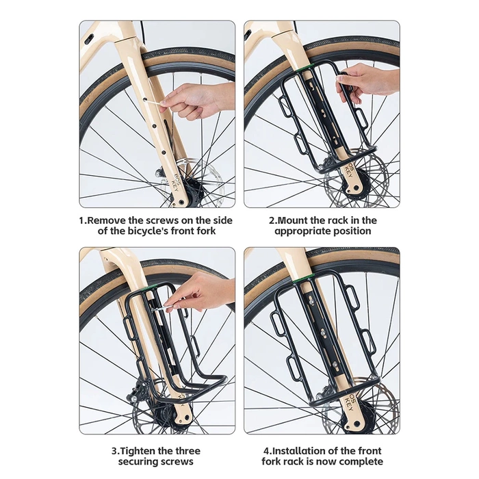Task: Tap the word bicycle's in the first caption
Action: click(135, 231)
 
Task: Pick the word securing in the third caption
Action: click(135, 461)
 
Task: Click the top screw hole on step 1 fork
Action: click(144, 100)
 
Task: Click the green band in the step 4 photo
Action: click(304, 278)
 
